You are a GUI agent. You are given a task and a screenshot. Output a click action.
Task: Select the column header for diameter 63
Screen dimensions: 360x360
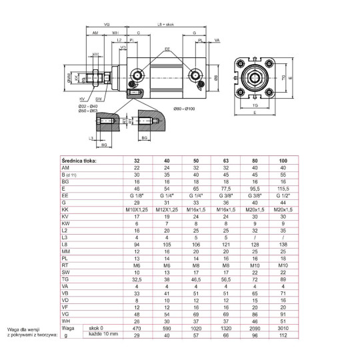[x=226, y=160]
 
